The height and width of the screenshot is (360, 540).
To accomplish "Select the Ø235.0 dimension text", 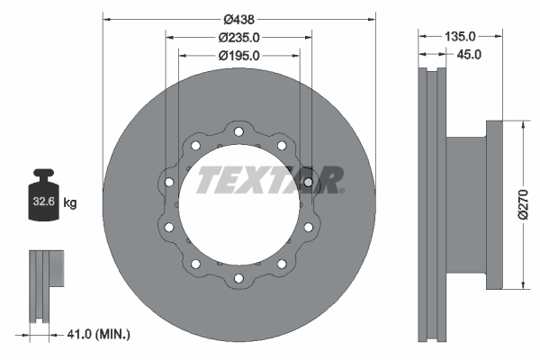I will tap(238, 37).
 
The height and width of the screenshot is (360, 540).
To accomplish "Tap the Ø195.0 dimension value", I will tap(238, 55).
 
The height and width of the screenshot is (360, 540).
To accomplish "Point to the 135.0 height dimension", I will tap(460, 37).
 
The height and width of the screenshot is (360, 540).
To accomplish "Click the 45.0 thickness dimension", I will tap(469, 54).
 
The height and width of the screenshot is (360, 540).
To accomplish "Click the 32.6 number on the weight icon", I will tap(45, 203).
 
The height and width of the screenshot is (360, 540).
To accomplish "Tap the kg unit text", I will tap(70, 203).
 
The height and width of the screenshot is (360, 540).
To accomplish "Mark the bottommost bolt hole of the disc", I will tap(238, 276).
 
